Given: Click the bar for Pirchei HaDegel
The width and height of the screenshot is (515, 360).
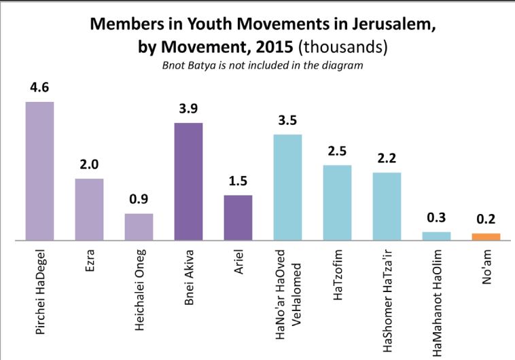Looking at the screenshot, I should tap(39, 171).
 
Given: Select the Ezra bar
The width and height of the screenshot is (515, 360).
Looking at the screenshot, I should tap(89, 210).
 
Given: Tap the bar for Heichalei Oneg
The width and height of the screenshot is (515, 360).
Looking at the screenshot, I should tap(139, 227).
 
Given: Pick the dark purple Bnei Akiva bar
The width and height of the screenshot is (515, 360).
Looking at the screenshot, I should tap(188, 182).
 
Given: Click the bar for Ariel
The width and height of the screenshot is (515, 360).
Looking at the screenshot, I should tap(238, 218).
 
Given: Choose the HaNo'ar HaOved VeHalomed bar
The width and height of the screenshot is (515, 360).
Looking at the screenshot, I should tap(287, 187).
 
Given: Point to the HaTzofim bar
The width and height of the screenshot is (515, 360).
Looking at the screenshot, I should tap(337, 203).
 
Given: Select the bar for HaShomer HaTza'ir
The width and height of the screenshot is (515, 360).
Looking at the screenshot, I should tap(387, 206).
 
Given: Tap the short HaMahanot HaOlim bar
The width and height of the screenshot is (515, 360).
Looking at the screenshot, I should tap(436, 236).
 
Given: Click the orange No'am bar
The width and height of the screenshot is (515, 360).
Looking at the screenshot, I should tap(486, 237).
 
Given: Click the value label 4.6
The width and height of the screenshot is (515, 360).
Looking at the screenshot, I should tap(39, 88).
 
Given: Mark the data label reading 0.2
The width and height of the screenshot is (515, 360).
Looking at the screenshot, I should tap(486, 221).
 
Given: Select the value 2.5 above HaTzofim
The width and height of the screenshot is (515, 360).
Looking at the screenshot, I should tap(337, 152).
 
